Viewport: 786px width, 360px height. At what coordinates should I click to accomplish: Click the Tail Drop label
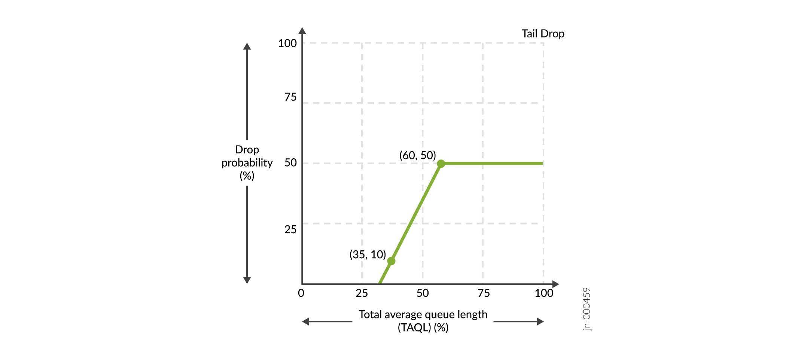[543, 34]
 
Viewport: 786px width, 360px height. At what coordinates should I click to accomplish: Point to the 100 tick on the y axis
[287, 43]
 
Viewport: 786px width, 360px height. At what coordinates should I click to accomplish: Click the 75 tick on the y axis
[290, 97]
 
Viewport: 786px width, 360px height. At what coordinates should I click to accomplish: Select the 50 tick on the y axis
[290, 163]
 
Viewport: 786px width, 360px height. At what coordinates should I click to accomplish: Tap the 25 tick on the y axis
[290, 229]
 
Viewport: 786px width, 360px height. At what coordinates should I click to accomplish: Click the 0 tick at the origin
[301, 293]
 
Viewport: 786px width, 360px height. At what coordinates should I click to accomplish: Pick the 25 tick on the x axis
[362, 293]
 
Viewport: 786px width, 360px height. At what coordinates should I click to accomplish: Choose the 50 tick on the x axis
[423, 293]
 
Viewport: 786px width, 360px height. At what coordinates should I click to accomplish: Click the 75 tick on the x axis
[484, 293]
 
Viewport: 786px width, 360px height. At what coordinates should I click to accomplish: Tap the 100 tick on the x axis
[544, 293]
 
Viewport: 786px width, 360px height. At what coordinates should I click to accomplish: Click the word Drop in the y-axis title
[247, 150]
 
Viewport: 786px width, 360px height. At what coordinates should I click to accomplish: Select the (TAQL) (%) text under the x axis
[423, 328]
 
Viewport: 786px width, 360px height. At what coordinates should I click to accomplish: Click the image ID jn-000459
[587, 309]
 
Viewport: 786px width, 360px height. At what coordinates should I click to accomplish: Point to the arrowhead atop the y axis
[302, 31]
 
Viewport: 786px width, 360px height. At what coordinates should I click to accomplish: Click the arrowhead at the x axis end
[555, 284]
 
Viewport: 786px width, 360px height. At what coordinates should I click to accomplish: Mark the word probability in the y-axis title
[247, 163]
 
